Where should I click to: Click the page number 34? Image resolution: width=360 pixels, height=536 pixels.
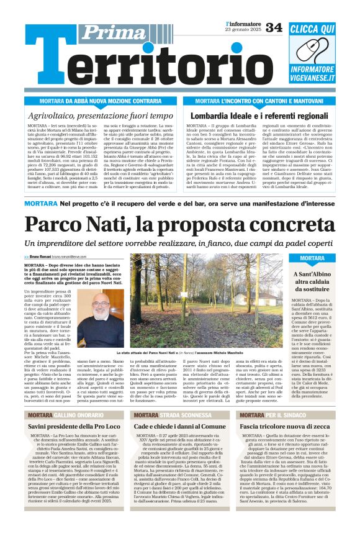point(274,27)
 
